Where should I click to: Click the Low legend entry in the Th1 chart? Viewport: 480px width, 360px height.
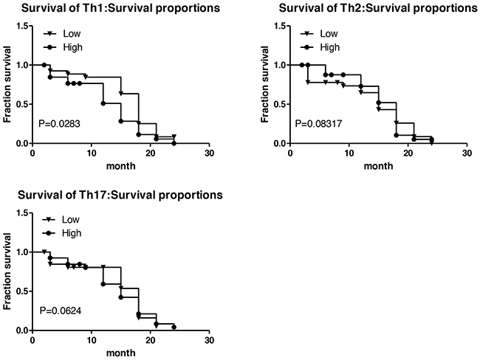72,34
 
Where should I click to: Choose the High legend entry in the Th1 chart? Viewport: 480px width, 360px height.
73,47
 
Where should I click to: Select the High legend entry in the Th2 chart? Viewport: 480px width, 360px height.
330,47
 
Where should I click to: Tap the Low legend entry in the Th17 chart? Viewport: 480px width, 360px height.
72,221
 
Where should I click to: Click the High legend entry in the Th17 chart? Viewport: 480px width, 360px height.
73,233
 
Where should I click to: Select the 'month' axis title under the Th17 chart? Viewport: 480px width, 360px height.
121,353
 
